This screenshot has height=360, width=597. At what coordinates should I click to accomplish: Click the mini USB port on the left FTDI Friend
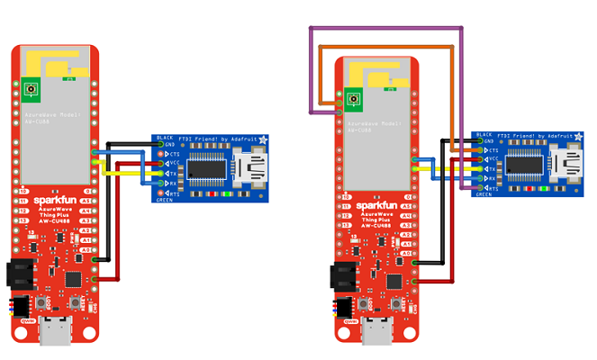click(x=248, y=168)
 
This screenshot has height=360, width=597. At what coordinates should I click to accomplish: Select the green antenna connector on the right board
click(x=353, y=97)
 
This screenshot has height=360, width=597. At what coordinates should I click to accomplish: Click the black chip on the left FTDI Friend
click(x=206, y=168)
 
